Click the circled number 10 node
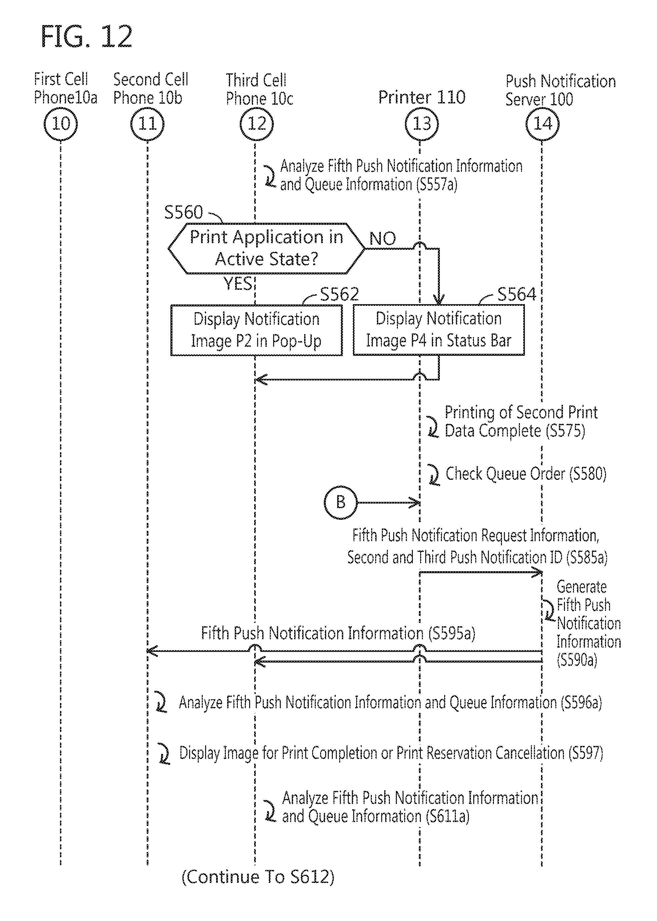tap(61, 123)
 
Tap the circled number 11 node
tap(147, 123)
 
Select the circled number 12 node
tap(256, 123)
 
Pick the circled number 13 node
tap(421, 123)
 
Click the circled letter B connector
tap(341, 503)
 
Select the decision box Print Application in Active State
tap(266, 248)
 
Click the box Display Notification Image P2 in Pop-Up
tap(256, 330)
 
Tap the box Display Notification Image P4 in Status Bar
tap(439, 330)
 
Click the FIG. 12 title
tap(87, 37)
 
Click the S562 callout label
tap(339, 294)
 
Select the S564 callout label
tap(516, 294)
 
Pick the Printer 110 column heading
tap(422, 97)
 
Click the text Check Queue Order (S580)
tap(526, 474)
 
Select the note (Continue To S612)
tap(258, 877)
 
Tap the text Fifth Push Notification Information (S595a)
tap(338, 634)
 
